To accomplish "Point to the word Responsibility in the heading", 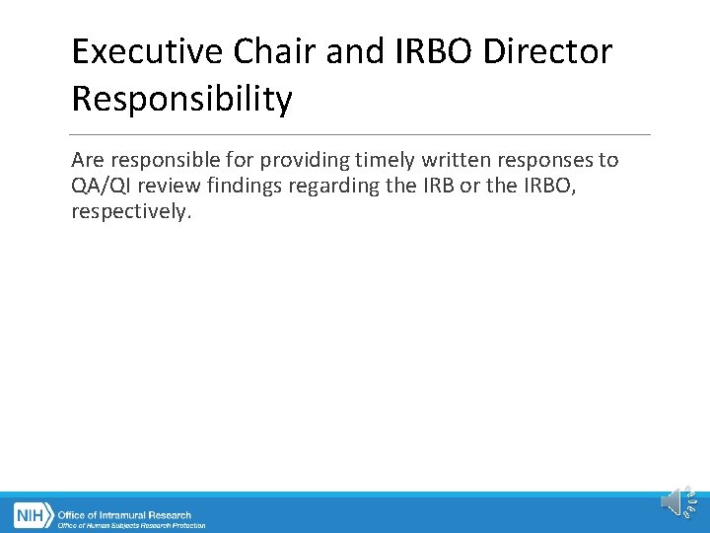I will (x=181, y=99).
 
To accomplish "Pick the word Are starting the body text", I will (x=88, y=160).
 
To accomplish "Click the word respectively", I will (x=129, y=211).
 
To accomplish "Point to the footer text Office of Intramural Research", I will (x=125, y=514).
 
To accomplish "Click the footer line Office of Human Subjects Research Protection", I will (x=131, y=526).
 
